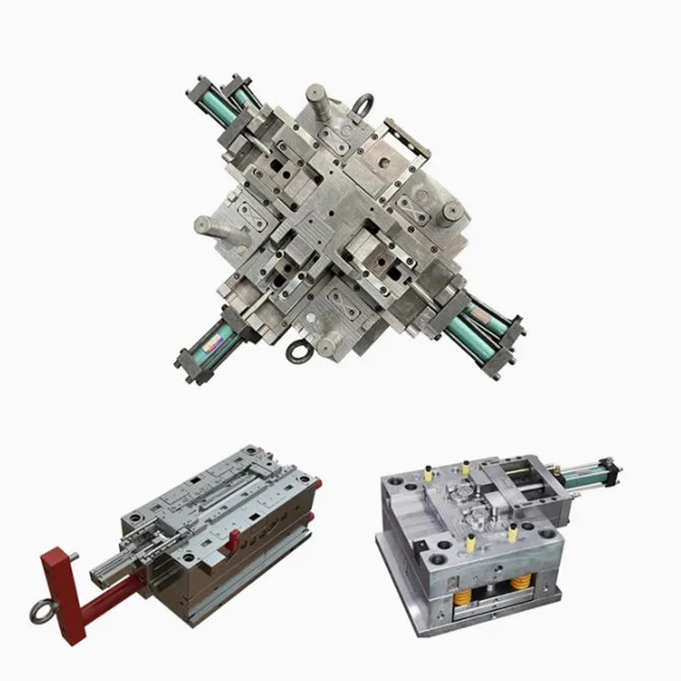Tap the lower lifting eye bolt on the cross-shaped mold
(x=299, y=351)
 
